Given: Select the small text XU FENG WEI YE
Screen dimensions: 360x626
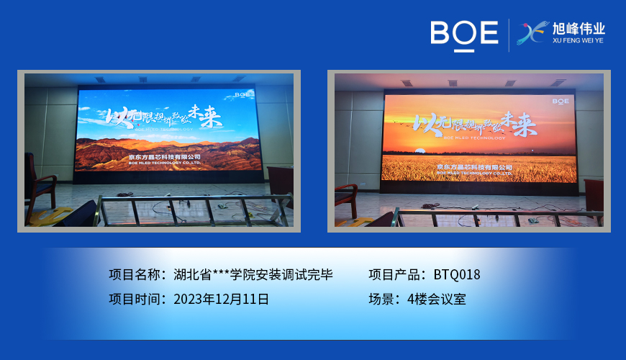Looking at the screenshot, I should click(x=579, y=42).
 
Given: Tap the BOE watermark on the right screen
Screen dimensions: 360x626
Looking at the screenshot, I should click(x=561, y=102).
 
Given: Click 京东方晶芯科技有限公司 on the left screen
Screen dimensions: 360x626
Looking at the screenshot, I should click(x=164, y=156).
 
